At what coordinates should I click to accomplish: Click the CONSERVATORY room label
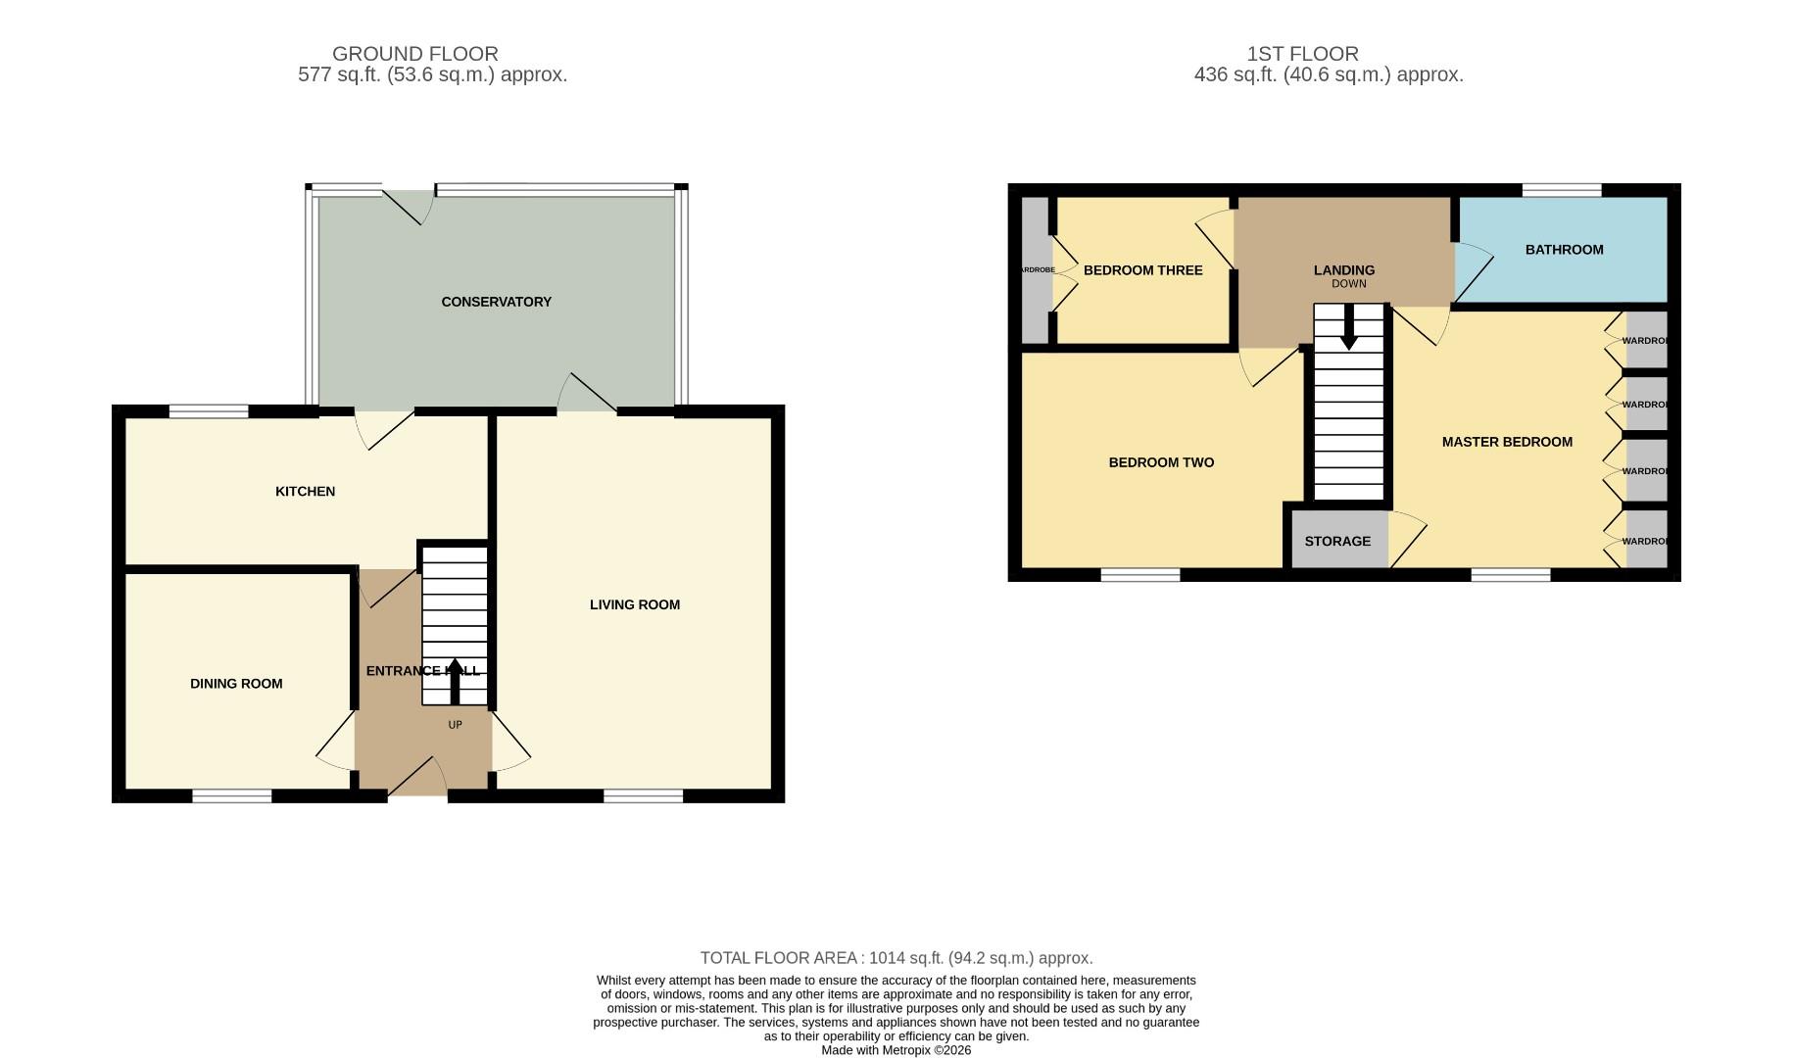(x=496, y=302)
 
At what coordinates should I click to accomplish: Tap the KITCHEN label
(x=305, y=491)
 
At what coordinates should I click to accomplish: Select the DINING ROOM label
(x=236, y=684)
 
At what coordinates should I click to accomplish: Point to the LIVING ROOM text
(x=634, y=604)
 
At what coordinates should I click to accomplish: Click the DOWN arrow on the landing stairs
(x=1349, y=326)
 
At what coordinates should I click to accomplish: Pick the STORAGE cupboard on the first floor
(x=1337, y=541)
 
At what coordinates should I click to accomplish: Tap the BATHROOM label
(x=1564, y=250)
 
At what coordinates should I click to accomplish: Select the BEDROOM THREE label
(x=1142, y=270)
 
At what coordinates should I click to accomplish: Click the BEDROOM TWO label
(x=1161, y=462)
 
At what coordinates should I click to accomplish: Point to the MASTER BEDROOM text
(x=1507, y=442)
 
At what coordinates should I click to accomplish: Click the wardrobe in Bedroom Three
(x=1035, y=270)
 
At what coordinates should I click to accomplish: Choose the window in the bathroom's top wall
(x=1561, y=190)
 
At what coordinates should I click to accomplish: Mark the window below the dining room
(x=231, y=796)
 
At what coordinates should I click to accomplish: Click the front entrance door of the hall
(x=418, y=779)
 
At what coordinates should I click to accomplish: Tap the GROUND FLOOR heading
(x=414, y=54)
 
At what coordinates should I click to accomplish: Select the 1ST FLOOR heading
(x=1302, y=54)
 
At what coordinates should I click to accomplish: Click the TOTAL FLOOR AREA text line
(x=896, y=958)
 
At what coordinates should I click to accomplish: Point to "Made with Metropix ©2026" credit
(x=896, y=1050)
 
